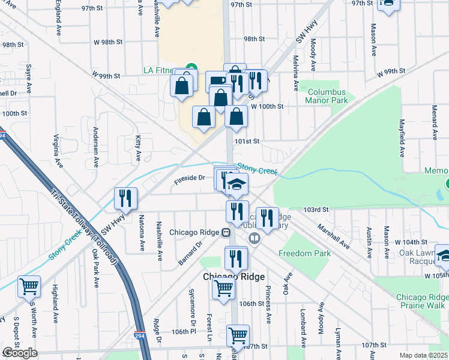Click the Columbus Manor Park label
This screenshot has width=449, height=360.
tap(327, 96)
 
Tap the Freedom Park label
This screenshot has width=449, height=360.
tap(304, 253)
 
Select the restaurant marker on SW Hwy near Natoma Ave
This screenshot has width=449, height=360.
tap(126, 198)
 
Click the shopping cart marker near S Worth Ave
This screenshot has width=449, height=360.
tap(29, 286)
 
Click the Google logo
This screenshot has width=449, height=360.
tap(19, 353)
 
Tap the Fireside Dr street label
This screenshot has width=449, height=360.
tap(190, 178)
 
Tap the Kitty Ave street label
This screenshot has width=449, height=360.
tap(138, 148)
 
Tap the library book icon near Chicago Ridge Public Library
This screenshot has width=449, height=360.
tap(255, 239)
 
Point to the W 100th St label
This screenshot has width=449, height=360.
tap(267, 106)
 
